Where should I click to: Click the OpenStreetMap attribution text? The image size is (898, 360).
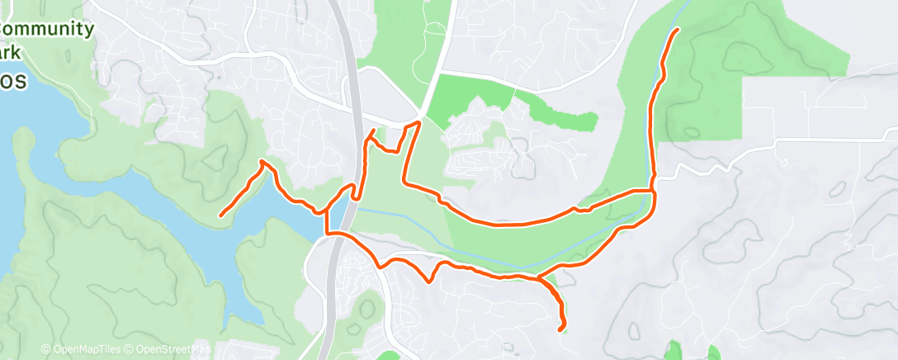168,350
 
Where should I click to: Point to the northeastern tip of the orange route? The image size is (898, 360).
678,30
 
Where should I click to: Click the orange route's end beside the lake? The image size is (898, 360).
220,216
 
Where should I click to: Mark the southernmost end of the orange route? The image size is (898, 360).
561,329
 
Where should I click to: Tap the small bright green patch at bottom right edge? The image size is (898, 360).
675,351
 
